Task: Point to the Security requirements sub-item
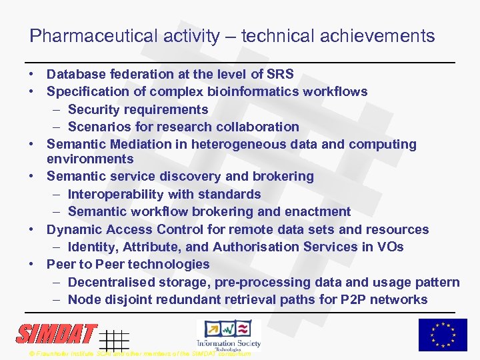pos(138,109)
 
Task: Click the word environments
pos(90,159)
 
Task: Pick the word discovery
pos(193,176)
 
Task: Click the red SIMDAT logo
pos(57,333)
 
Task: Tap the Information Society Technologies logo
pos(228,334)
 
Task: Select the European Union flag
pos(443,335)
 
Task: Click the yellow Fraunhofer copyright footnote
pos(140,353)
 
